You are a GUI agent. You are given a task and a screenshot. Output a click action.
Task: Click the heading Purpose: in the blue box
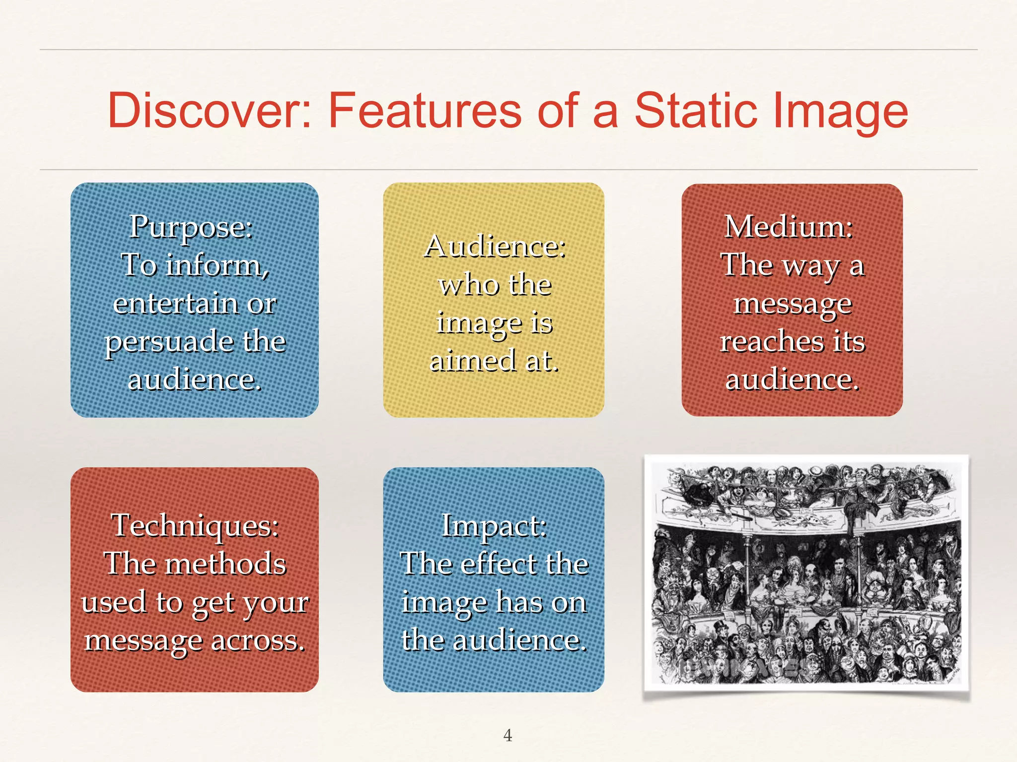coord(191,227)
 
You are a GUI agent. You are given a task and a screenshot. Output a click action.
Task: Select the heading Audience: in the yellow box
coord(495,246)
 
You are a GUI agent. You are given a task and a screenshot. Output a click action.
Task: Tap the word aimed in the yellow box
coord(472,361)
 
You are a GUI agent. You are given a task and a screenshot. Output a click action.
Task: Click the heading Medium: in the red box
coord(789,227)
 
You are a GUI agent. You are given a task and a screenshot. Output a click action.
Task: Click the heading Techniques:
coord(195,525)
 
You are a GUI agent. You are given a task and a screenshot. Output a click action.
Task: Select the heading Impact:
coord(494,526)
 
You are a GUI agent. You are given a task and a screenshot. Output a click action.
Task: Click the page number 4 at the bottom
coord(508,735)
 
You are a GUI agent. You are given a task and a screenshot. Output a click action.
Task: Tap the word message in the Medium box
coord(793,304)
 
